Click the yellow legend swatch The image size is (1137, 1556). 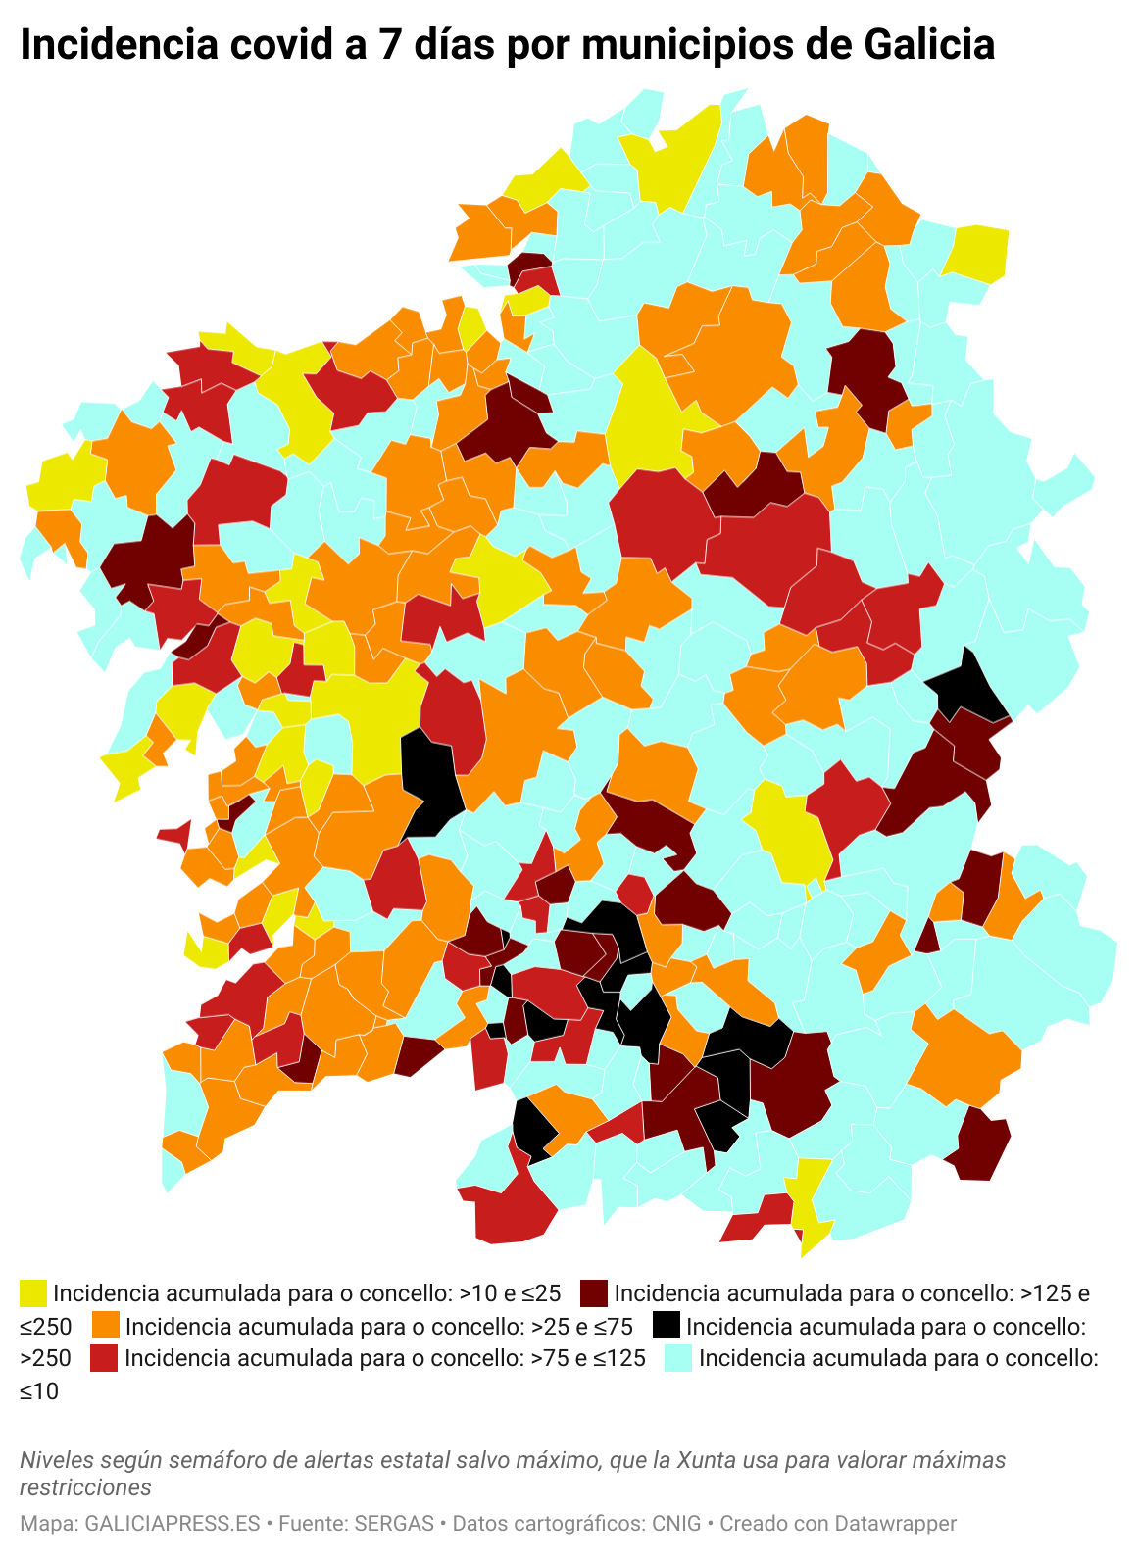click(33, 1293)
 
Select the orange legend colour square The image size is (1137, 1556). click(106, 1326)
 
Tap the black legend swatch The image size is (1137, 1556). click(667, 1326)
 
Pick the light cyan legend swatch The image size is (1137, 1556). click(679, 1358)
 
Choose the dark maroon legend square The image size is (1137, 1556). click(594, 1293)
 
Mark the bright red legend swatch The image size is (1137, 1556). click(104, 1358)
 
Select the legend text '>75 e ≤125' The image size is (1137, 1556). click(588, 1359)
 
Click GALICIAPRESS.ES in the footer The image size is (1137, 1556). click(173, 1524)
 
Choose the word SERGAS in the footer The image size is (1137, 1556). click(394, 1524)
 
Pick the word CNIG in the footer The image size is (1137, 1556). click(676, 1524)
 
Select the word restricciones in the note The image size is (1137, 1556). click(85, 1487)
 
